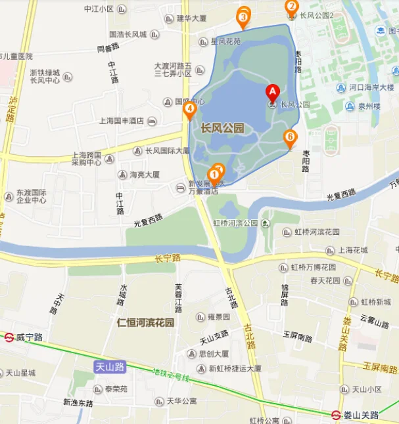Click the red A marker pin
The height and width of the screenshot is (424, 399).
pyautogui.click(x=271, y=93)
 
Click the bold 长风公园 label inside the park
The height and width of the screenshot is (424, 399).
pyautogui.click(x=222, y=129)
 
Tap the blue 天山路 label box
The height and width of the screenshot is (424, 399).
pyautogui.click(x=110, y=368)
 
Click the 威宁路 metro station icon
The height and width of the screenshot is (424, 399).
pyautogui.click(x=9, y=337)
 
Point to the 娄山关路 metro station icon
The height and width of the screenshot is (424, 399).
pyautogui.click(x=335, y=415)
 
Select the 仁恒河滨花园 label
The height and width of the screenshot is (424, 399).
pyautogui.click(x=145, y=323)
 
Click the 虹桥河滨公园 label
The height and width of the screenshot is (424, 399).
pyautogui.click(x=235, y=223)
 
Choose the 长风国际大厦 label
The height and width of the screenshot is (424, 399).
pyautogui.click(x=167, y=150)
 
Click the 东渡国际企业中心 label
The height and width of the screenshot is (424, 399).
pyautogui.click(x=32, y=196)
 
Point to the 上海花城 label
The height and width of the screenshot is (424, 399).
pyautogui.click(x=353, y=250)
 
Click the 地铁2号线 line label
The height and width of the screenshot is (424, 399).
pyautogui.click(x=170, y=375)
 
